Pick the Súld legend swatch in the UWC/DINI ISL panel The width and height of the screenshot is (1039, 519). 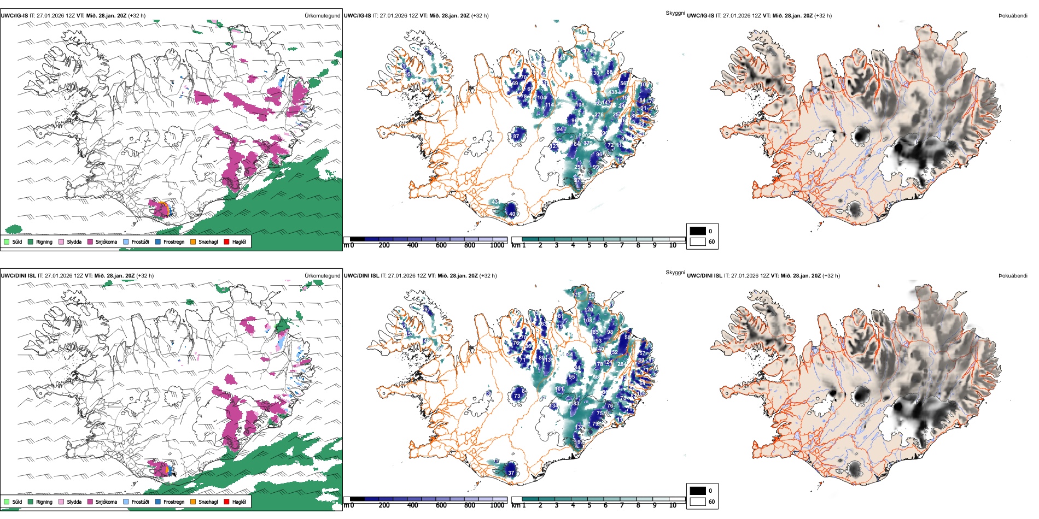point(7,502)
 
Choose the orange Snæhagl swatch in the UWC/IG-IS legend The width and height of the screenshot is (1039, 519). point(193,241)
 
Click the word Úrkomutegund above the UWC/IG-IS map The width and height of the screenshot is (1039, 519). point(322,15)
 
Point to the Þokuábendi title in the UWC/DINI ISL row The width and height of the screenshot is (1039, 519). point(1013,275)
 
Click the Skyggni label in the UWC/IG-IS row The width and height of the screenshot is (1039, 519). point(675,13)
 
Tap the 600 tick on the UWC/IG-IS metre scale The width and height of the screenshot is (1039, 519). point(441,245)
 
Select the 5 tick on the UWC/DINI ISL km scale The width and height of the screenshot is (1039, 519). point(589,505)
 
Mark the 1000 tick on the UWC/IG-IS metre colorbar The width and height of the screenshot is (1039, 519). point(497,245)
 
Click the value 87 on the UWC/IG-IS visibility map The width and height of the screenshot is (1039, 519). point(516,136)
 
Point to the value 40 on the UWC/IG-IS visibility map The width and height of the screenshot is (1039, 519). point(512,214)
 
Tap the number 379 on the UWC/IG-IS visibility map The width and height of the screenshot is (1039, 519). point(588,143)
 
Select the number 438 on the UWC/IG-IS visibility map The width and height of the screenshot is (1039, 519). point(613,92)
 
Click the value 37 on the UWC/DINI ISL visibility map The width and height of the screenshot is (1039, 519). point(511,473)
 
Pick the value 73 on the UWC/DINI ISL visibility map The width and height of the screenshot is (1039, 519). point(517,396)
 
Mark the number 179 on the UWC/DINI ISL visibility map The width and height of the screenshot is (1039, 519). point(577,294)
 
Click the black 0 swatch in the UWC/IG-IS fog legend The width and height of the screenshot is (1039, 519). point(698,231)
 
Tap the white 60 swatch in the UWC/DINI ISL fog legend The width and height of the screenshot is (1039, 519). point(698,502)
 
